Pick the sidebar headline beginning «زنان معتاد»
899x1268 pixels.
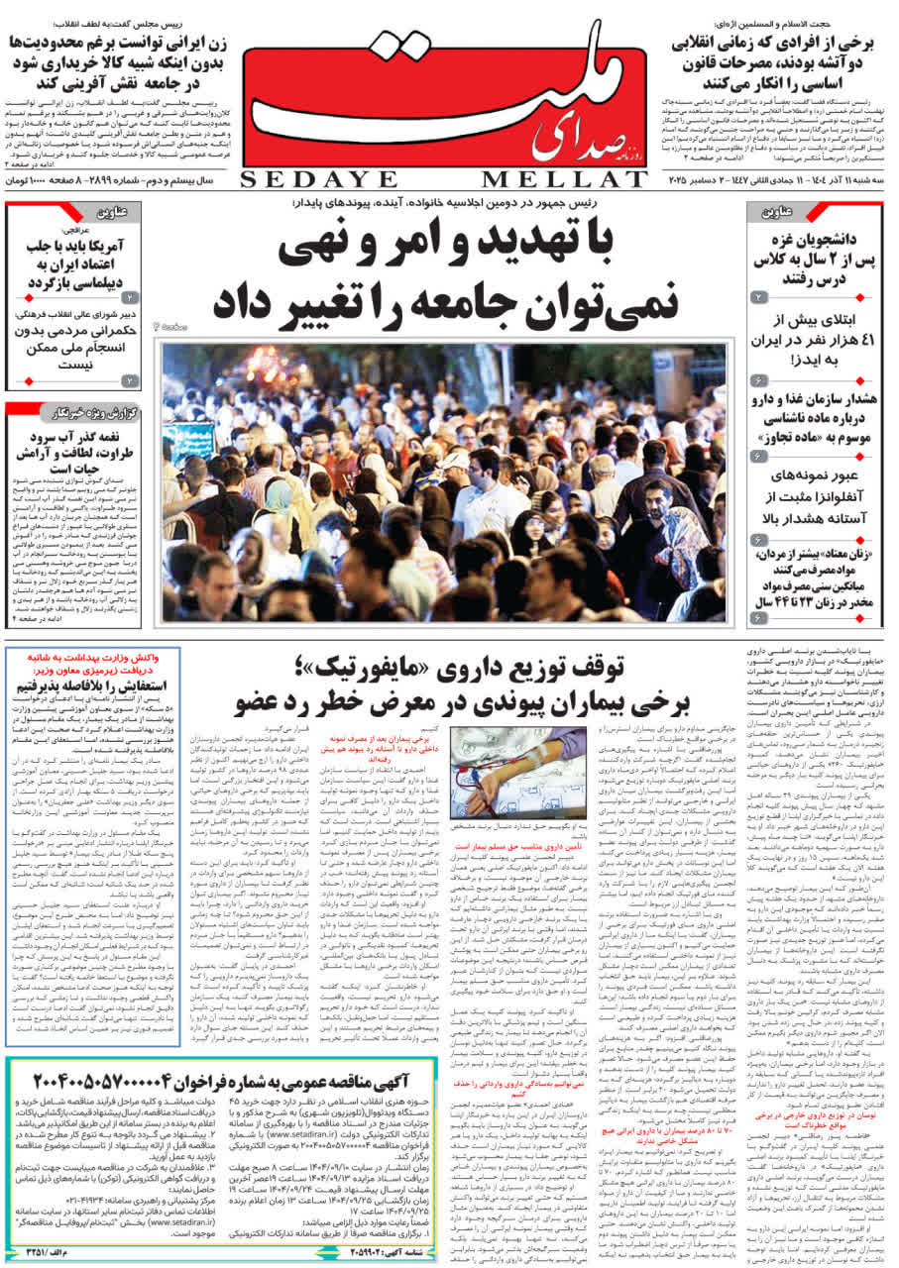(x=815, y=581)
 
